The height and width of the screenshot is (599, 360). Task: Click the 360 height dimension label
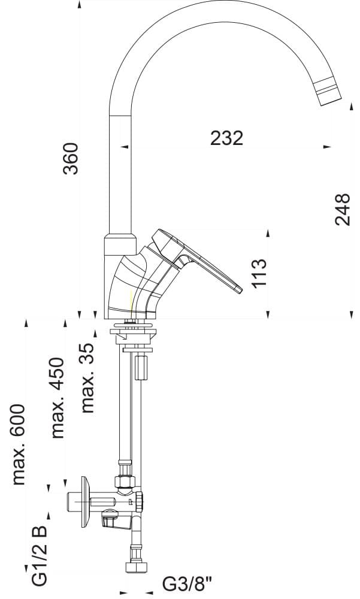(71, 158)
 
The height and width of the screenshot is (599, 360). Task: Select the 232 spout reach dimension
(227, 138)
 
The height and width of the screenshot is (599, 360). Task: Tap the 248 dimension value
(342, 209)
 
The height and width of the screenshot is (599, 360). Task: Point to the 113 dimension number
(258, 273)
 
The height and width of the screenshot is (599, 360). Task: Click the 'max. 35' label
(88, 378)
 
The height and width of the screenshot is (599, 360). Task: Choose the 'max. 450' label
(58, 398)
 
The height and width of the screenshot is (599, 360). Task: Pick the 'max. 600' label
(19, 444)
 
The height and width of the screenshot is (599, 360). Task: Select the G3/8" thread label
(187, 583)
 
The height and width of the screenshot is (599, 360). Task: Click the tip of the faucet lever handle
(238, 291)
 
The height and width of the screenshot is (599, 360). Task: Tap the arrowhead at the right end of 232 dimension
(326, 146)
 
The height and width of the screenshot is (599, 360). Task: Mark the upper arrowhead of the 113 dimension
(268, 232)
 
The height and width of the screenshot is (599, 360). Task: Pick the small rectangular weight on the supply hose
(141, 367)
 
